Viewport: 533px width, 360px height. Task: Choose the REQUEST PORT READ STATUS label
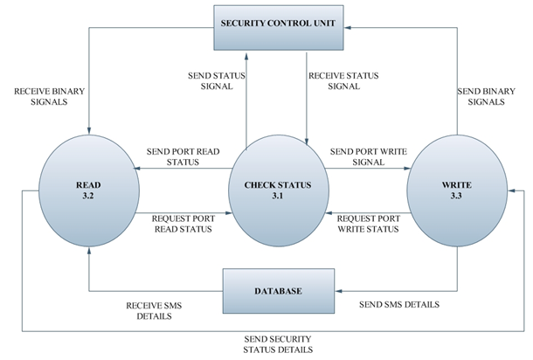click(x=184, y=223)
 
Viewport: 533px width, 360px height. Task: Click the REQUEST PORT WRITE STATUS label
click(x=368, y=224)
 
